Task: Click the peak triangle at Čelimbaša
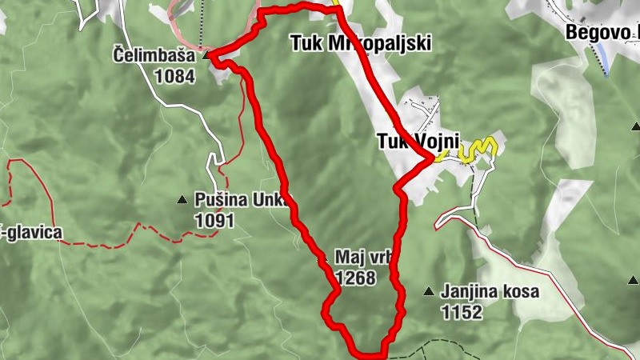point(206,56)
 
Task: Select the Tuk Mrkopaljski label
point(360,44)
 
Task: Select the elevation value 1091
point(214,219)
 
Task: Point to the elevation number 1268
point(355,278)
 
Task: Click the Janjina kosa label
point(490,292)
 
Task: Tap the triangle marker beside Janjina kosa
point(430,292)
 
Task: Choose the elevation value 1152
point(462,312)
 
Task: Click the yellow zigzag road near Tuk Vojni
point(478,147)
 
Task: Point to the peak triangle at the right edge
point(635,126)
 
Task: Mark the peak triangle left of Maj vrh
point(323,260)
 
